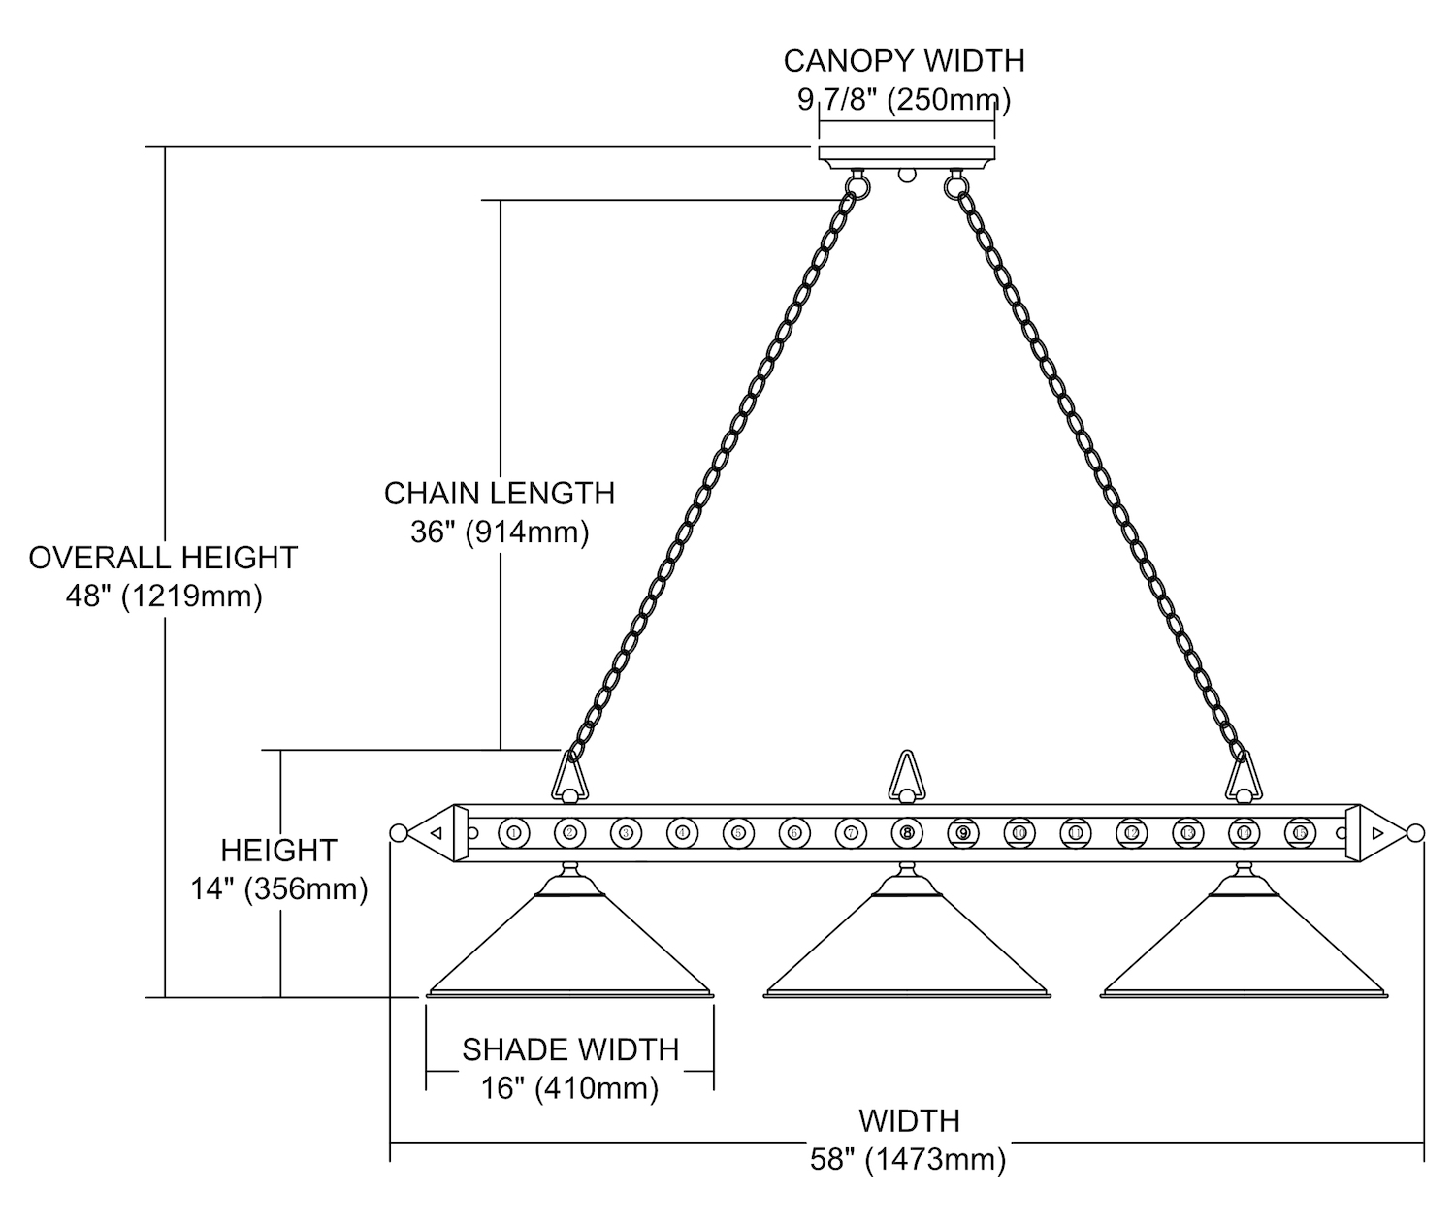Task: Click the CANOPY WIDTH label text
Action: click(903, 61)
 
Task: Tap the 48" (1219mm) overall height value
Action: click(164, 596)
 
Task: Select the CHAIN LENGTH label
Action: click(500, 493)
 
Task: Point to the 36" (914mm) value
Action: click(500, 532)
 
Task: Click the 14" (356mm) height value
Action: click(279, 888)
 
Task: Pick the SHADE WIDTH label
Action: click(570, 1049)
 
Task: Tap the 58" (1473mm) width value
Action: click(908, 1159)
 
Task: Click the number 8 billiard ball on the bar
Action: click(907, 832)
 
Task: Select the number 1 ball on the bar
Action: click(513, 832)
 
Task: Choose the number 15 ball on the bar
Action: click(1300, 832)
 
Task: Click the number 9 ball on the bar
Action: click(963, 832)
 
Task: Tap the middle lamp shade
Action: click(907, 951)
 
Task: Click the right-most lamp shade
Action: click(1244, 951)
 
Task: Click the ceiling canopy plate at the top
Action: click(907, 154)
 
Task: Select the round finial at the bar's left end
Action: click(397, 832)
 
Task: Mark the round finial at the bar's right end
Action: click(1415, 832)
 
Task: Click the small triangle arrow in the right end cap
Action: click(1377, 832)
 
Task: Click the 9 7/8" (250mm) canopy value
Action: click(903, 100)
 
